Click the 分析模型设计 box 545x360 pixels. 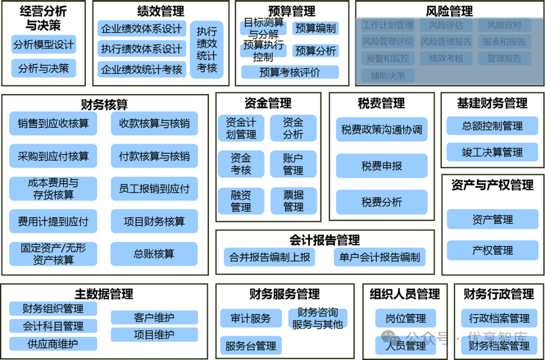(43, 44)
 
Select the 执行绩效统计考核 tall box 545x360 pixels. (206, 49)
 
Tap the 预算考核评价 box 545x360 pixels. (290, 72)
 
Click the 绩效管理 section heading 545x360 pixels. (160, 11)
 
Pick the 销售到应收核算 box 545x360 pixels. (53, 124)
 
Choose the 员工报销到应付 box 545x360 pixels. (154, 189)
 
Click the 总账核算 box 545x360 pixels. (154, 254)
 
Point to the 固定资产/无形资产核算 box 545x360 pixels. (53, 254)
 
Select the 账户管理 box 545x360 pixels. (293, 164)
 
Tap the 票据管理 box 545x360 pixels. (293, 200)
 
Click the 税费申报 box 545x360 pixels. (381, 166)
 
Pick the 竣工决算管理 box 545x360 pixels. (492, 152)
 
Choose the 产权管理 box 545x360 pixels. (492, 250)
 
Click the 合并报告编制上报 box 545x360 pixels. (269, 257)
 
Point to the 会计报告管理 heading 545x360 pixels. (324, 240)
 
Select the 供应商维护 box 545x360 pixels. (53, 344)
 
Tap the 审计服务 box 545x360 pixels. (250, 319)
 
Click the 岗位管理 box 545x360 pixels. (405, 319)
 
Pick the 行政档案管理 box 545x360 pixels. (499, 319)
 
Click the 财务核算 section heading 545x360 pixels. (104, 105)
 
